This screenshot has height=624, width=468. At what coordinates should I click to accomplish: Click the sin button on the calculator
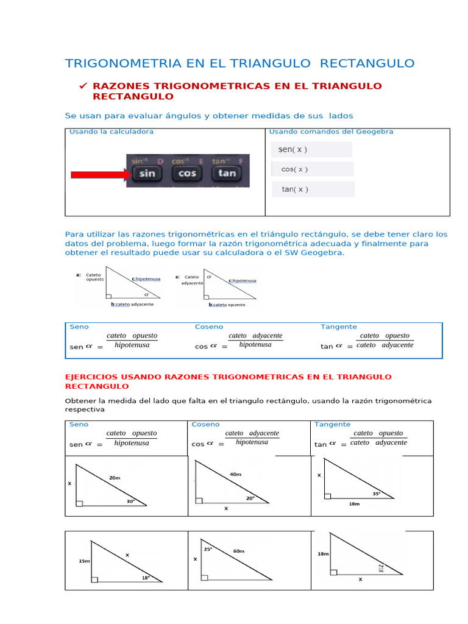point(147,173)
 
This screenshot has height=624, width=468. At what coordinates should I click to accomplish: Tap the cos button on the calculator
point(186,173)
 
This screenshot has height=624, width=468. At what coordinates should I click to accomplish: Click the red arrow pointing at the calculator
point(101,174)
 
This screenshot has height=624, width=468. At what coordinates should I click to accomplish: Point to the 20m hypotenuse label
point(115,478)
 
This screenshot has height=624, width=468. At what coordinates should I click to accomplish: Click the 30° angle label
point(130,502)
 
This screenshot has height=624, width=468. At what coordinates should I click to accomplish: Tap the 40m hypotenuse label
point(235,474)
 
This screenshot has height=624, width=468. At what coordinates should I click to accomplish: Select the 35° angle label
point(376,494)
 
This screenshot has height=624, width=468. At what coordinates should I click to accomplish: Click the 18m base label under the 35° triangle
point(354,505)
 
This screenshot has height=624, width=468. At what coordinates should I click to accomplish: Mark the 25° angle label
point(208,548)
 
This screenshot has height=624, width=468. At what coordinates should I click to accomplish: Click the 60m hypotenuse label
point(239,551)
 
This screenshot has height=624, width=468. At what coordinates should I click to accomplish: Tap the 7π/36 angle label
point(381,569)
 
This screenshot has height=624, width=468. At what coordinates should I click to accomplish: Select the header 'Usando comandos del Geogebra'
point(331,132)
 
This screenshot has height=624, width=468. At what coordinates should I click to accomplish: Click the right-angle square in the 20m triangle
point(79,503)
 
